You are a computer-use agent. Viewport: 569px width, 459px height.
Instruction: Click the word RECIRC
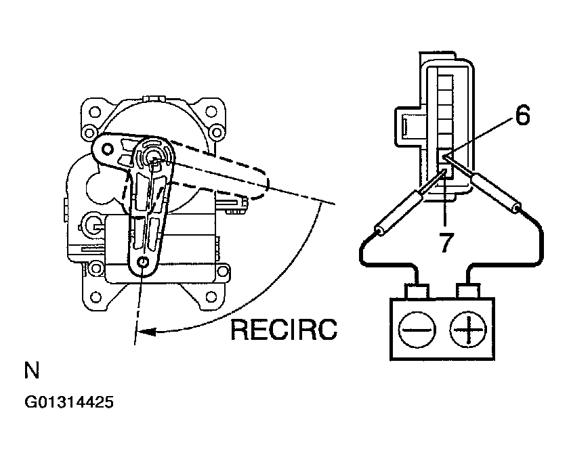click(284, 330)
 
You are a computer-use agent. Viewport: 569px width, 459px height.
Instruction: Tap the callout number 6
click(522, 115)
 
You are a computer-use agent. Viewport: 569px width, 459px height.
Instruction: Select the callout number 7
click(446, 242)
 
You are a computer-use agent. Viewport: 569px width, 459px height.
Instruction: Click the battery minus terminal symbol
click(417, 330)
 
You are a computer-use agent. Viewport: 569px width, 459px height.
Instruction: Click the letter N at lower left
click(32, 370)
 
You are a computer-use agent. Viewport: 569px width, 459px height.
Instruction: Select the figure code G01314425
click(69, 402)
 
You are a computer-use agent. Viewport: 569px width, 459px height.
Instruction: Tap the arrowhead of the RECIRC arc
click(147, 331)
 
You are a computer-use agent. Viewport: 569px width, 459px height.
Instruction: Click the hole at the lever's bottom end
click(144, 262)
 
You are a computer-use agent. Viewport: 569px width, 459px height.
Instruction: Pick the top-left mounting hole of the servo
click(95, 112)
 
